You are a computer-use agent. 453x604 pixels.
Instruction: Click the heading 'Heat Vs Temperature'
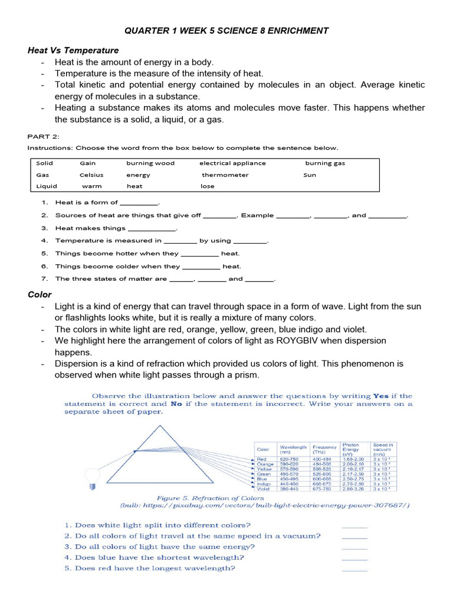tap(73, 50)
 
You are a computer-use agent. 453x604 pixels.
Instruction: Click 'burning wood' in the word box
tap(150, 163)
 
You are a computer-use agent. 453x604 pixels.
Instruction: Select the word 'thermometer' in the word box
tap(225, 175)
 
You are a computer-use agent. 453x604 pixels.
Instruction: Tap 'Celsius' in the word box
tap(91, 175)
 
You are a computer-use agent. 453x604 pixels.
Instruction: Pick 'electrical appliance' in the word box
tap(232, 163)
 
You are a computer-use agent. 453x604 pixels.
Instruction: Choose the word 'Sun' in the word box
tap(310, 175)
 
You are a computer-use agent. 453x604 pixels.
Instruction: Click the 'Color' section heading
tap(40, 294)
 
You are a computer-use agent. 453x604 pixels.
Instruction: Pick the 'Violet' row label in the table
tap(264, 489)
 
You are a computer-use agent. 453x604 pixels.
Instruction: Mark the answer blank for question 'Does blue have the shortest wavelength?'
tap(354, 557)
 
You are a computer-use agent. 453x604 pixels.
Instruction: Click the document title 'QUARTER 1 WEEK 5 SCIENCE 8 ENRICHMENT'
tap(226, 31)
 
